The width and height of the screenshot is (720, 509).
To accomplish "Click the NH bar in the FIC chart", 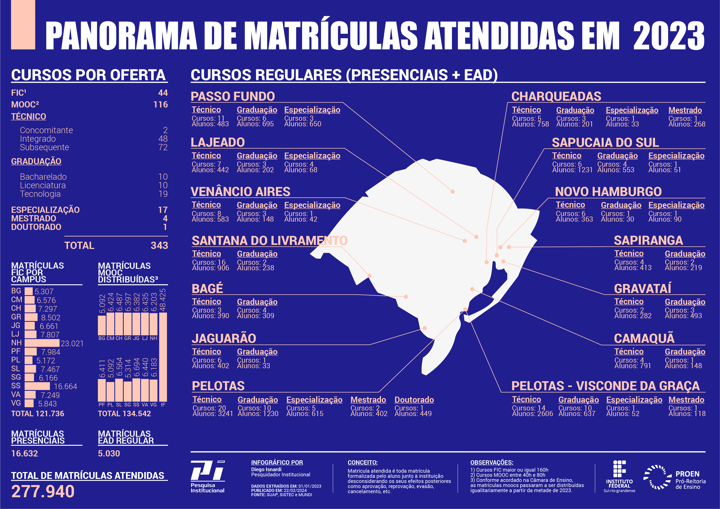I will pos(42,343).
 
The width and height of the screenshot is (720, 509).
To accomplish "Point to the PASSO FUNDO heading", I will pos(233,96).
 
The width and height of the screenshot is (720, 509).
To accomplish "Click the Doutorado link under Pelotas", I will pos(414,400).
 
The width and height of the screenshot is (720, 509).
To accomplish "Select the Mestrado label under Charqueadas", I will pos(685,110).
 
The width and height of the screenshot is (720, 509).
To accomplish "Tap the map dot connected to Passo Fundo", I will pos(452,192).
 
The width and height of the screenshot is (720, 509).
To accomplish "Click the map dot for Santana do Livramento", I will pos(370,276).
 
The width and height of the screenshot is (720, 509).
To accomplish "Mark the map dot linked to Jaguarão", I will pos(425,328).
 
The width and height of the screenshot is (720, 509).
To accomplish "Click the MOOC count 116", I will pos(160,104).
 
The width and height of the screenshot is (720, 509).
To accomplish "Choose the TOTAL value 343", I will pos(159,245).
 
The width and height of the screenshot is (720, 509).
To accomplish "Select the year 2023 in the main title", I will pos(668,36).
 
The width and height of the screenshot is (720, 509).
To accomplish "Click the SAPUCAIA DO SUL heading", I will pos(605,143).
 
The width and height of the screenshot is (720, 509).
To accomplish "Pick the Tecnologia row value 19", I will pos(163,194).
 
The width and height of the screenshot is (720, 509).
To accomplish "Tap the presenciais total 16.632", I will pos(24,453).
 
